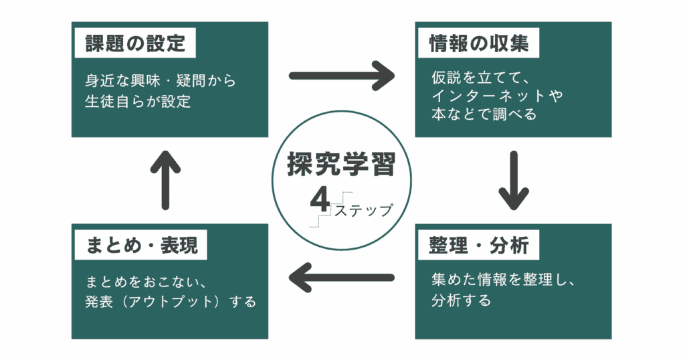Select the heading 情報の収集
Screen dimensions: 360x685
pos(479,44)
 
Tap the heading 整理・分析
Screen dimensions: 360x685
pos(479,246)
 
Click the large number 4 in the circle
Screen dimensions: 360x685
pos(318,199)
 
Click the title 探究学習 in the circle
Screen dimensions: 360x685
pos(342,165)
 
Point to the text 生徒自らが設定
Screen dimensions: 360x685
pos(138,102)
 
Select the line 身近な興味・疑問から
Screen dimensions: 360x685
pos(161,81)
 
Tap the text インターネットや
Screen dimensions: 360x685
pos(497,96)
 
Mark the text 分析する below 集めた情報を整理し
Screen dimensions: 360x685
pos(461,300)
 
